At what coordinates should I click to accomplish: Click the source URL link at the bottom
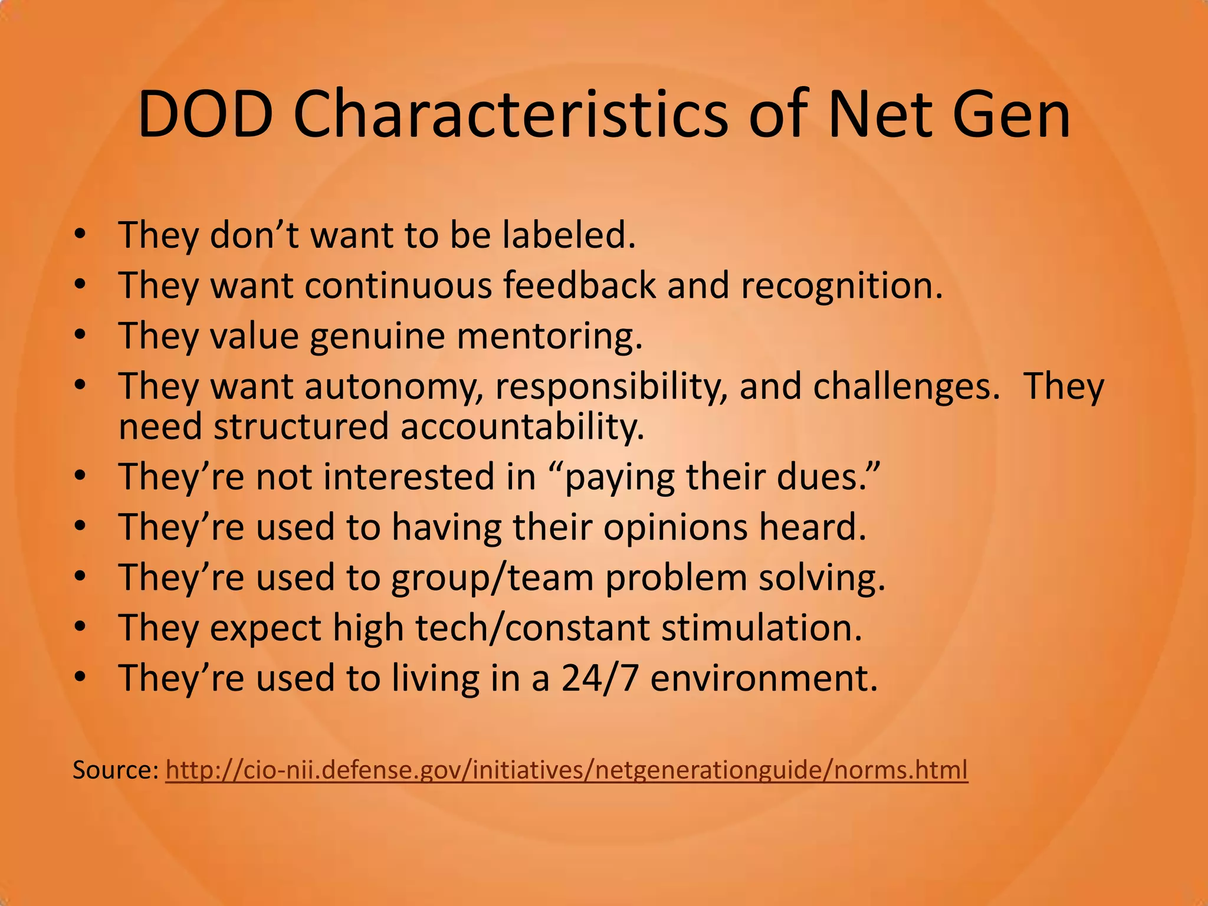[566, 770]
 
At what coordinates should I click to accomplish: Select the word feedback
[579, 285]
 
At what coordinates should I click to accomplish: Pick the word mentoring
[549, 336]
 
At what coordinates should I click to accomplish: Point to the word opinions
[675, 527]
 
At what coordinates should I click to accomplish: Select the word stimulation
[761, 628]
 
